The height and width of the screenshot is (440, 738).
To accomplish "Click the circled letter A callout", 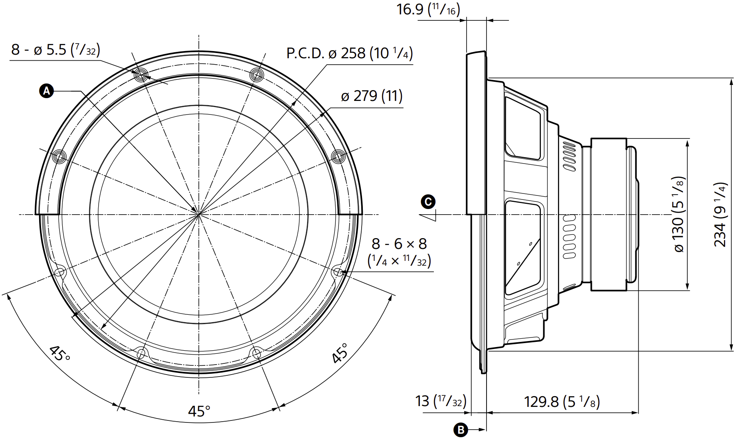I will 47,91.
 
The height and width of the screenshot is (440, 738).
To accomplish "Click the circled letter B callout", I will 461,430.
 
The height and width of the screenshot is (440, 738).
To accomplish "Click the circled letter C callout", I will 428,202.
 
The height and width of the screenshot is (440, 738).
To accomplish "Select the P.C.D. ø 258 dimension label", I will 349,53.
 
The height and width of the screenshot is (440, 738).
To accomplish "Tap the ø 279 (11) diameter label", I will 372,96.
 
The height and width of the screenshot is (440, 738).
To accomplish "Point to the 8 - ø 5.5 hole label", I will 55,50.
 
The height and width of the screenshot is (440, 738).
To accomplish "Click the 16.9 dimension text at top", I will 428,9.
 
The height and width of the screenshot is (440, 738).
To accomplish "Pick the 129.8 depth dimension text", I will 562,401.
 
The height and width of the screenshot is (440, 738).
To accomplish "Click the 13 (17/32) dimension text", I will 441,401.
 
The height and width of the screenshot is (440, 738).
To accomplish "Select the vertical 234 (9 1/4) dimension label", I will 720,215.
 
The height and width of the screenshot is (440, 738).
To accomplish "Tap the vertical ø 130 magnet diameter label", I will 679,215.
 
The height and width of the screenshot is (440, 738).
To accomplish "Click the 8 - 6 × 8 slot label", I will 399,252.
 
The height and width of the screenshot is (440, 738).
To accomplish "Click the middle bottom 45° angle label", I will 199,411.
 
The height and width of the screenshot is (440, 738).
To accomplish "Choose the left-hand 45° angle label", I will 60,353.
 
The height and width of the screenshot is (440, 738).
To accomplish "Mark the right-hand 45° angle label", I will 340,353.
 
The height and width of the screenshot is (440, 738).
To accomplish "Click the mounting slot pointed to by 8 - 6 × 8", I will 338,272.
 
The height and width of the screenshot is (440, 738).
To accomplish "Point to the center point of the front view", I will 199,215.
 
